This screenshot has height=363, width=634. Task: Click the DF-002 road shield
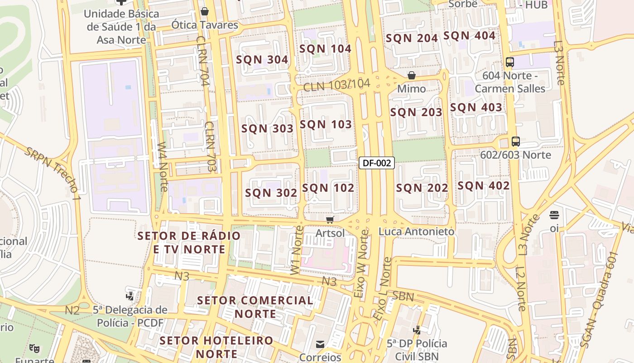point(376,163)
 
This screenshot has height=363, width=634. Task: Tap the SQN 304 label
point(262,59)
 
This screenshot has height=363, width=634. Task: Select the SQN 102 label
point(328,188)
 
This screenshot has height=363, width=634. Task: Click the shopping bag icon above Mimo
point(412,75)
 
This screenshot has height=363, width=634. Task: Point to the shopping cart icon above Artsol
point(330,220)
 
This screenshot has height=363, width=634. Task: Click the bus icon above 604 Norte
point(510,62)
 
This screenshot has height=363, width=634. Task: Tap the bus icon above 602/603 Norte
point(515,142)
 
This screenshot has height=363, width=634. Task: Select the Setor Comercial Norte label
point(255,307)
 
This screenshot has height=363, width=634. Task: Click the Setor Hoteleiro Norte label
point(217,347)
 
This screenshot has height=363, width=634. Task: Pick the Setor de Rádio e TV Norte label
point(189,242)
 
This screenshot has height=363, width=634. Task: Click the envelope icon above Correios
point(320,344)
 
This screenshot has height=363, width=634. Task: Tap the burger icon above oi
point(554,215)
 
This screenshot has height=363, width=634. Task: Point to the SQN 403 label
point(476,108)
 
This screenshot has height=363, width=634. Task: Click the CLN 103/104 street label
point(336,85)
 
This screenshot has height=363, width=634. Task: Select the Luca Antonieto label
point(416,231)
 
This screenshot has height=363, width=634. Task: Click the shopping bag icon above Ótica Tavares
point(205,11)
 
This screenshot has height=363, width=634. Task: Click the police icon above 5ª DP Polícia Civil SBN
point(417,330)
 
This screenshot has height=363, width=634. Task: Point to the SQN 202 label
point(422,188)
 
